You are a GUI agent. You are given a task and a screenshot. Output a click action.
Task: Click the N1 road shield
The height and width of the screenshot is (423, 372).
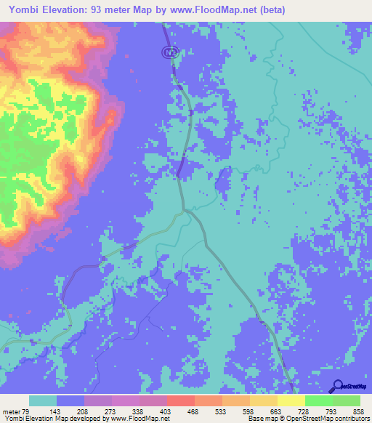[x=169, y=52]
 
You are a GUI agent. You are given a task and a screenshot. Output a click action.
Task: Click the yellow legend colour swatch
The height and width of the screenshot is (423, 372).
[x=291, y=401]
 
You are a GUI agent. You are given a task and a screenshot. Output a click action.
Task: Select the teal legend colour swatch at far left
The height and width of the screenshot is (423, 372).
[x=43, y=401]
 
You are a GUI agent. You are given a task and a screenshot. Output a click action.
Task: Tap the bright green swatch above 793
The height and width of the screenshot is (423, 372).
[x=319, y=401]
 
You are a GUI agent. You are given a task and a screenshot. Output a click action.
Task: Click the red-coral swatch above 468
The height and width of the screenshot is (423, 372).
[x=181, y=401]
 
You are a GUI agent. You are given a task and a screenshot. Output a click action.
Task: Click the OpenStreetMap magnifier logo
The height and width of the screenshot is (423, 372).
[x=337, y=386]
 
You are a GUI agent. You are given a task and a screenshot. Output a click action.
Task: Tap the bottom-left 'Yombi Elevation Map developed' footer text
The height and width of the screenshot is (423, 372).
[x=51, y=419]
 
